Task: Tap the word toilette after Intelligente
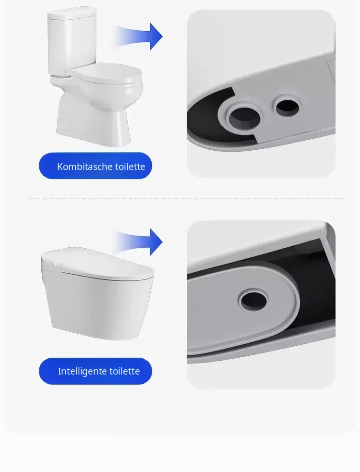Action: (x=124, y=371)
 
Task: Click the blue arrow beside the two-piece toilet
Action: (x=138, y=36)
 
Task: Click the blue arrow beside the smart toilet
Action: (x=138, y=242)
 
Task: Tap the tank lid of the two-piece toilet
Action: (x=72, y=12)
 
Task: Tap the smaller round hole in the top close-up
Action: (x=288, y=107)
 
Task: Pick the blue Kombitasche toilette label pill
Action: (x=96, y=166)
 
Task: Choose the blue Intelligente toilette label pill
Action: (x=96, y=371)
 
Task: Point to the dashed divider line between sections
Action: (x=186, y=199)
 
